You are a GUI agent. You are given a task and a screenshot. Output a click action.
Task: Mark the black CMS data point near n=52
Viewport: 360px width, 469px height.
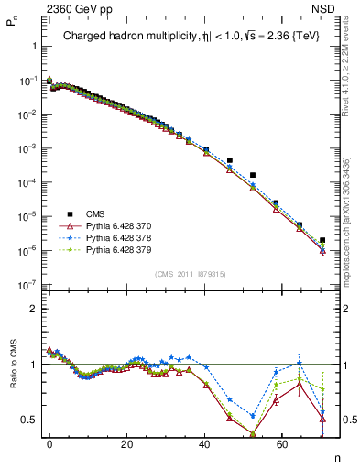tap(253, 174)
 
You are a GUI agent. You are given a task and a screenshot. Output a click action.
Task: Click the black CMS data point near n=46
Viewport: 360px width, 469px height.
tap(230, 159)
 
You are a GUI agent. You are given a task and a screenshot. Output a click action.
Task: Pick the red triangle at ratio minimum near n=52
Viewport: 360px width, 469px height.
tap(253, 433)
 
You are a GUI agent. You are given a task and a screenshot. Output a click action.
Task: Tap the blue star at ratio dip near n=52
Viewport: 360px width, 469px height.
tap(253, 415)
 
